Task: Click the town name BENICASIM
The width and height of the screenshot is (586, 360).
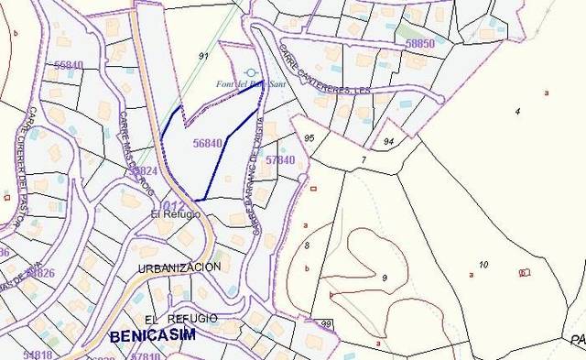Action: [152, 336]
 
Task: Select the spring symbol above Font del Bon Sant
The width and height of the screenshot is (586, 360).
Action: [251, 72]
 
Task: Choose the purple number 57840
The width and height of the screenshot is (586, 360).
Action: [279, 160]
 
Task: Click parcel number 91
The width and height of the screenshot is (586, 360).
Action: [203, 56]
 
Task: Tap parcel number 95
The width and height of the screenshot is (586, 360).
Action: [309, 138]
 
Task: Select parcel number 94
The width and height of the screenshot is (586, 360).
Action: [388, 142]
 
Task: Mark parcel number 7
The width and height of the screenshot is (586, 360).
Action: [363, 160]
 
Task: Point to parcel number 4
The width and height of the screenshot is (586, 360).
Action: [516, 111]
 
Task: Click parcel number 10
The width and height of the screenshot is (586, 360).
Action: [483, 265]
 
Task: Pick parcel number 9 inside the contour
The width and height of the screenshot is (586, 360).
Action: [385, 278]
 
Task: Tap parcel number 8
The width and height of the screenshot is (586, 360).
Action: [307, 245]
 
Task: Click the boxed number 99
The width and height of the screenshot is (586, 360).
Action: [326, 324]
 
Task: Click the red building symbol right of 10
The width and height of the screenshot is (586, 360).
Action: [524, 272]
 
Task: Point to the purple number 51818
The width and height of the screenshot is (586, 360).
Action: [37, 354]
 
